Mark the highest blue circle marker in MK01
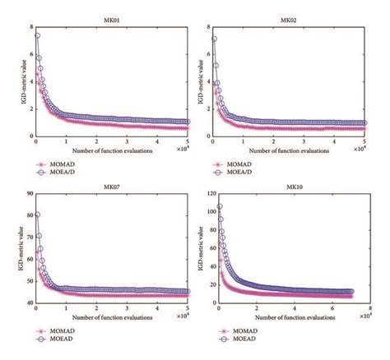pos(36,36)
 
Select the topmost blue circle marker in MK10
pos(219,207)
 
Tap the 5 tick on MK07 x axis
pos(188,308)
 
